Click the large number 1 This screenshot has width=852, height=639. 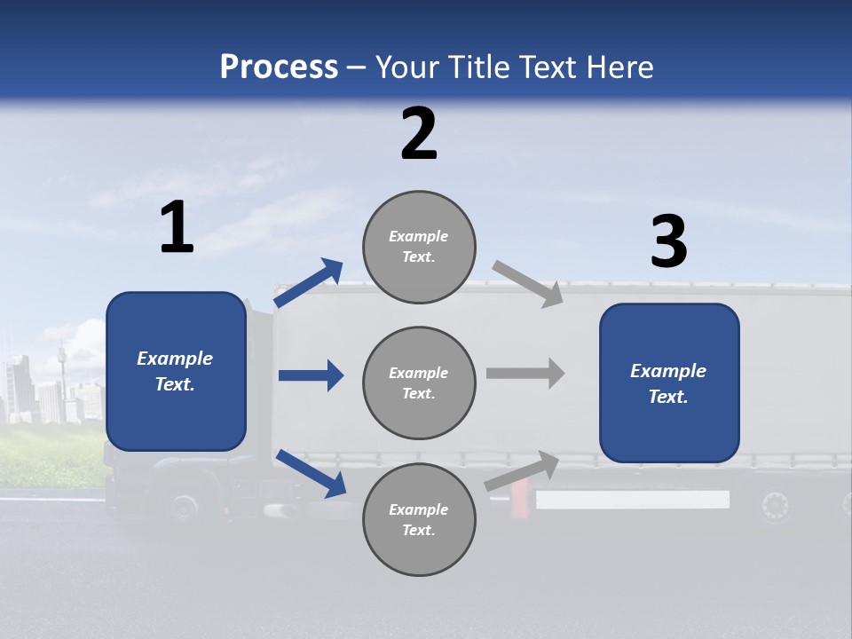[x=177, y=228]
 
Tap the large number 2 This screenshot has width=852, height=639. [x=419, y=134]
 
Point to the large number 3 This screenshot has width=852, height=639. [x=668, y=242]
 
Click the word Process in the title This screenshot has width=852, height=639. [x=279, y=67]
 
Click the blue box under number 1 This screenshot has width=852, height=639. [x=176, y=371]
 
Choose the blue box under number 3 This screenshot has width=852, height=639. [x=669, y=383]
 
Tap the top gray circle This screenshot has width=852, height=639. [x=420, y=247]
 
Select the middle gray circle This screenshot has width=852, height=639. [x=420, y=383]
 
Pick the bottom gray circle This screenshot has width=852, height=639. [x=420, y=519]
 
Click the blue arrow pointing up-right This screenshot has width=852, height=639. [x=309, y=283]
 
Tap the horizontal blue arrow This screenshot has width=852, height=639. [x=311, y=375]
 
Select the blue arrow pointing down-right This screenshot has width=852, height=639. [x=311, y=473]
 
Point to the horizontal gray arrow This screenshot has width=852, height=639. [x=525, y=373]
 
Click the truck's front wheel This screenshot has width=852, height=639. [x=184, y=508]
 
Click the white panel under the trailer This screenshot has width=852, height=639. [x=632, y=500]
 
